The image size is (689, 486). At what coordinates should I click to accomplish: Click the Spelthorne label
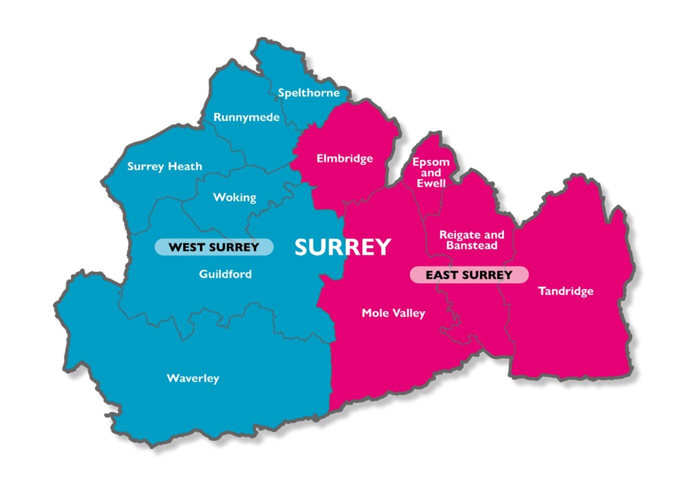point(309,93)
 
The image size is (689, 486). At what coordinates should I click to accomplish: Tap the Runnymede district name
point(246,117)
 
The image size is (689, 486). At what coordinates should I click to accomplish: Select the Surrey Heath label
point(164,166)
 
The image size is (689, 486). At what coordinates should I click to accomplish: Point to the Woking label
point(234,197)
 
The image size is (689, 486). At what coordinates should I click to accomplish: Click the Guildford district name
point(225,274)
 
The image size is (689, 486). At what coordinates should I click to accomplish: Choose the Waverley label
point(193,378)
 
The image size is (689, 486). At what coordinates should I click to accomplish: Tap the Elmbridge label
point(345,159)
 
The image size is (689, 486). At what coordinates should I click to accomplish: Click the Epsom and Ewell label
point(431,173)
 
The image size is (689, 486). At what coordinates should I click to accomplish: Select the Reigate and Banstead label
point(472,240)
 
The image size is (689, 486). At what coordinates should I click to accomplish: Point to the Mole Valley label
point(393,313)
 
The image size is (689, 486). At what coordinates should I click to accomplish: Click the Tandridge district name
point(566,291)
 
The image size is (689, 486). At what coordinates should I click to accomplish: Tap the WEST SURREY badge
point(214,247)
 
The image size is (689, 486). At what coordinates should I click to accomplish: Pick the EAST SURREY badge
point(469,275)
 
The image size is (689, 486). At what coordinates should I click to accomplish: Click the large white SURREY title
point(342,247)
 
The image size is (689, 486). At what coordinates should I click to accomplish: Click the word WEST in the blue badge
point(185,247)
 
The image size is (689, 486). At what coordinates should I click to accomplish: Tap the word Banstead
point(472,245)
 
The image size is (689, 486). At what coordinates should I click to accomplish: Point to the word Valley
point(409,313)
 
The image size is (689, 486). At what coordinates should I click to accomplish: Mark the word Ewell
point(431,183)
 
